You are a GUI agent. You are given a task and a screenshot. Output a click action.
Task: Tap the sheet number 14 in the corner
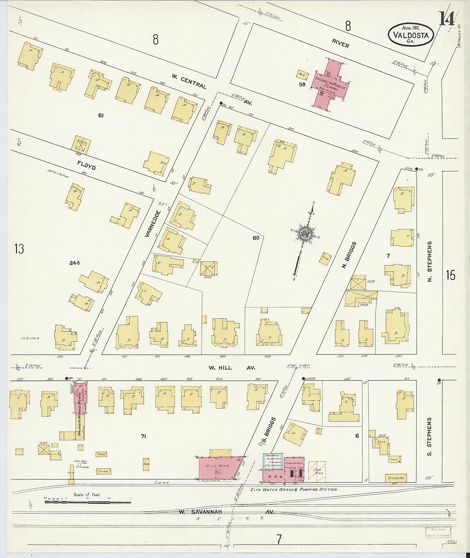pyautogui.click(x=446, y=19)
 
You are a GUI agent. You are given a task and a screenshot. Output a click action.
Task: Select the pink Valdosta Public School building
pyautogui.click(x=330, y=84)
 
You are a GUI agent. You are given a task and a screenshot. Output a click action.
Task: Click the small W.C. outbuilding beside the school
pyautogui.click(x=302, y=74)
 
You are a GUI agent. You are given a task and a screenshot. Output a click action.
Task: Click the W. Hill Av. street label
pyautogui.click(x=232, y=368)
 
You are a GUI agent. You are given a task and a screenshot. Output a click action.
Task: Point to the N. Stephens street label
pyautogui.click(x=430, y=261)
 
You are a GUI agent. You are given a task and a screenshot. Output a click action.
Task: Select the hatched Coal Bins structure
pyautogui.click(x=317, y=471)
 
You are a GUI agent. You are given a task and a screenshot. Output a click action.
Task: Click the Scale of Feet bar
pyautogui.click(x=87, y=502)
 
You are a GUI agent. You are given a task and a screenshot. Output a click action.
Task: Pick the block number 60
pyautogui.click(x=256, y=238)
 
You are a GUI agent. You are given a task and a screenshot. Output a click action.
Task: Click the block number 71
pyautogui.click(x=144, y=436)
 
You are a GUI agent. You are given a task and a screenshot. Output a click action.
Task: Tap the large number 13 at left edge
pyautogui.click(x=19, y=249)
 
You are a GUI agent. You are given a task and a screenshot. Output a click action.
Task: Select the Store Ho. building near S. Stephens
pyautogui.click(x=396, y=478)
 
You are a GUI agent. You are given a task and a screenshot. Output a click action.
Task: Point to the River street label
pyautogui.click(x=340, y=45)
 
